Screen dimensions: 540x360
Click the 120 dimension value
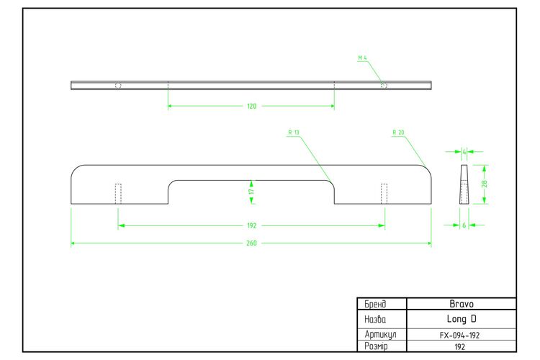(x=252, y=106)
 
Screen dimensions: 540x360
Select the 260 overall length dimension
(x=252, y=243)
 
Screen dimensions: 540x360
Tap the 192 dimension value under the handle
(x=252, y=225)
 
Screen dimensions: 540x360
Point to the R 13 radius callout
(x=294, y=132)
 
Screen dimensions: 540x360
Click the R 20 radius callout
(x=398, y=132)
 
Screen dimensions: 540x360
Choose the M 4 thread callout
(x=362, y=58)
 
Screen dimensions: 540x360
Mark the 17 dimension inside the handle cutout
(x=251, y=192)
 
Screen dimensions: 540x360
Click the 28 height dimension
(x=485, y=184)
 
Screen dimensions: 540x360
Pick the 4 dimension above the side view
(x=464, y=152)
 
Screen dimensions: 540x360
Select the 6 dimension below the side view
(x=464, y=225)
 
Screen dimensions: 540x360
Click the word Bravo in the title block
(x=462, y=304)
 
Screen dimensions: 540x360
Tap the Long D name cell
(x=462, y=319)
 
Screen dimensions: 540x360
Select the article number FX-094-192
(x=460, y=336)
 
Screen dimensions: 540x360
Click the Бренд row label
(x=375, y=304)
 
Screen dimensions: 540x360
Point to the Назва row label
(x=375, y=320)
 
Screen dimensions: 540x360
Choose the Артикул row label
(x=380, y=334)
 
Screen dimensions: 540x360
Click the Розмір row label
(x=376, y=346)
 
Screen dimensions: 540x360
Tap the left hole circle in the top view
(x=118, y=86)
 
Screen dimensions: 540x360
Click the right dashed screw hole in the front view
(x=384, y=194)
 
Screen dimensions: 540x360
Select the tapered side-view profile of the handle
(x=464, y=184)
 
